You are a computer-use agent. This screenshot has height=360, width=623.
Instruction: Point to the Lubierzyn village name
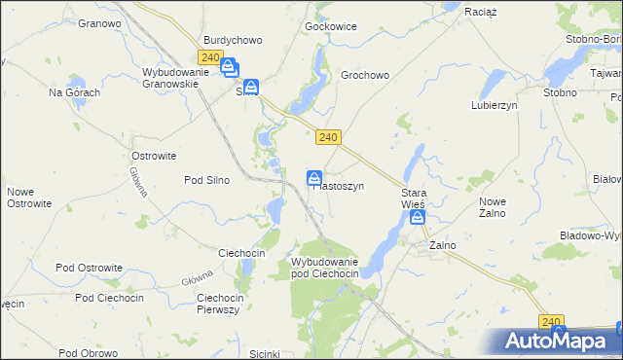(x=494, y=105)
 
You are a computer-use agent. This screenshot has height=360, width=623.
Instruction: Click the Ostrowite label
(x=153, y=156)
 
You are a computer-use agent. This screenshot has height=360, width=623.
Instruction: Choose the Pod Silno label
(x=206, y=180)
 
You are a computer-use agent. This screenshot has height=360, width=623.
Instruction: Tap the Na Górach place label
(x=75, y=92)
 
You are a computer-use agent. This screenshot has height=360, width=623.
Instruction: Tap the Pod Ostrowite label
(x=89, y=268)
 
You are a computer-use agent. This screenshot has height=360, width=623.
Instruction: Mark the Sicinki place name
(x=265, y=353)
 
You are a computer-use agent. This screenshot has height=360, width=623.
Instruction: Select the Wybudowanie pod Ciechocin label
(x=325, y=269)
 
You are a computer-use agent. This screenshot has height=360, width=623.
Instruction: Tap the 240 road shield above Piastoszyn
(x=328, y=138)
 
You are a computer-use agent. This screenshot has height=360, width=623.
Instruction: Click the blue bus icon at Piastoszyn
(x=314, y=178)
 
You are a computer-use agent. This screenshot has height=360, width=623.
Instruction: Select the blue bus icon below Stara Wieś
(x=418, y=218)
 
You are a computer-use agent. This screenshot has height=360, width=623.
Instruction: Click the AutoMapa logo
(x=558, y=341)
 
